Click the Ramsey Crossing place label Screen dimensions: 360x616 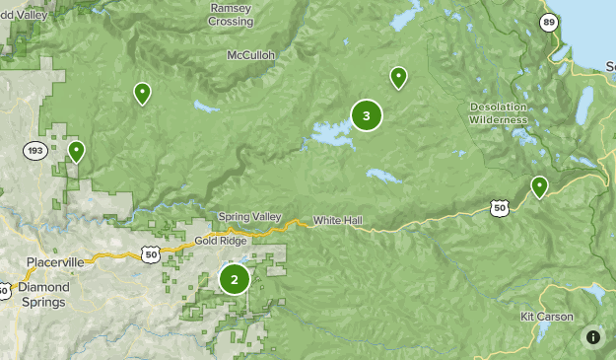[x=232, y=15]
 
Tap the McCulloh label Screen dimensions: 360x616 [x=250, y=55]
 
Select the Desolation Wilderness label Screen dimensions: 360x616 [x=499, y=113]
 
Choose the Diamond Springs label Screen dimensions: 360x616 [x=43, y=294]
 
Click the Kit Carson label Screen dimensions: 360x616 [x=546, y=317]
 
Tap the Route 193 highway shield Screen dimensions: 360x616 [x=34, y=150]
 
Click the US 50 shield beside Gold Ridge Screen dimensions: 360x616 [x=151, y=254]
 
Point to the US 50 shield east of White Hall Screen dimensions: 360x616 [x=499, y=208]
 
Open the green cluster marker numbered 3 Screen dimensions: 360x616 [x=367, y=116]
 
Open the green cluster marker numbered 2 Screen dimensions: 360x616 [x=235, y=279]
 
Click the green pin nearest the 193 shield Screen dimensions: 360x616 [x=76, y=151]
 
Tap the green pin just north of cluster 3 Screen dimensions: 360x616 [x=398, y=77]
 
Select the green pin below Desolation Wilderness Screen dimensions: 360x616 [x=539, y=185]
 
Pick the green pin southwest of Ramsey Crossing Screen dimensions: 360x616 [x=143, y=93]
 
